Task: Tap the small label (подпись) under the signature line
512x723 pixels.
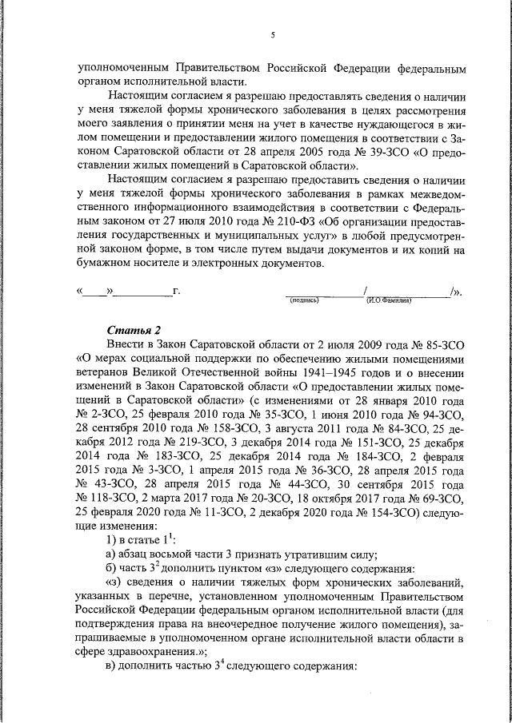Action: tap(304, 300)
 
